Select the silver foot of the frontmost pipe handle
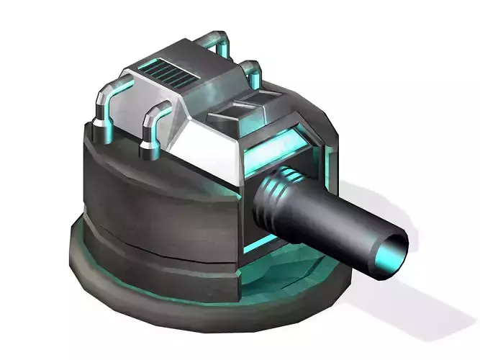pyautogui.click(x=150, y=150)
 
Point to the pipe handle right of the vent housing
pyautogui.click(x=252, y=72)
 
